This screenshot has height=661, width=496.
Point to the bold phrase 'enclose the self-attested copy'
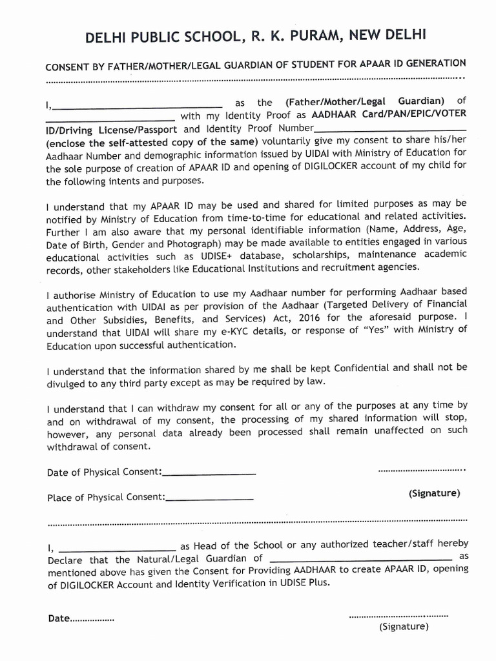click(123, 142)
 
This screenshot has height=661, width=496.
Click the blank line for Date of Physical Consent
click(209, 474)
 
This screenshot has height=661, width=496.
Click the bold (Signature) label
click(434, 493)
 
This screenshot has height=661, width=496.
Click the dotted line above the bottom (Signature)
click(398, 616)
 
